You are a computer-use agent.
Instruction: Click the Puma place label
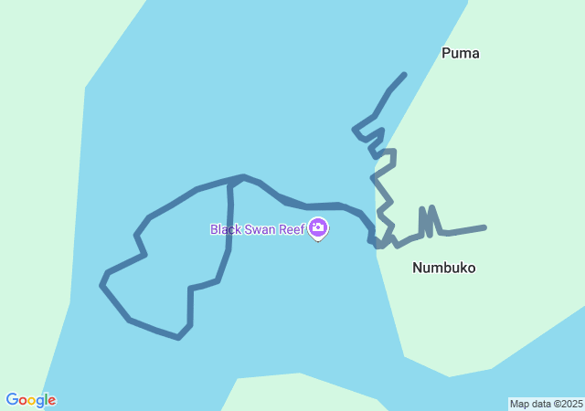click(460, 53)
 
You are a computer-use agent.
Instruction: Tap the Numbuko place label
click(443, 268)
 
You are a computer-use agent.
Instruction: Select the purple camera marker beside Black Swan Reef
click(318, 227)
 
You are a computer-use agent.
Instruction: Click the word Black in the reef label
click(226, 229)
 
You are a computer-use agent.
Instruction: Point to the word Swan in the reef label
click(263, 229)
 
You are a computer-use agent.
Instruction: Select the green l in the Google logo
click(46, 399)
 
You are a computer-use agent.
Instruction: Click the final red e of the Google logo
click(52, 401)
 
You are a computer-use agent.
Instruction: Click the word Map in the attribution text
click(519, 404)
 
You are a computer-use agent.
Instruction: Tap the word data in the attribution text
click(541, 404)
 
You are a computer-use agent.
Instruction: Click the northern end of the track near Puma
click(404, 75)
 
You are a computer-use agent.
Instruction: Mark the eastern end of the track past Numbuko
click(484, 227)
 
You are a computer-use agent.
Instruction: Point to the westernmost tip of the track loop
click(101, 284)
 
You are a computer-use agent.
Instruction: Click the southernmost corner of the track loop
click(178, 338)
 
